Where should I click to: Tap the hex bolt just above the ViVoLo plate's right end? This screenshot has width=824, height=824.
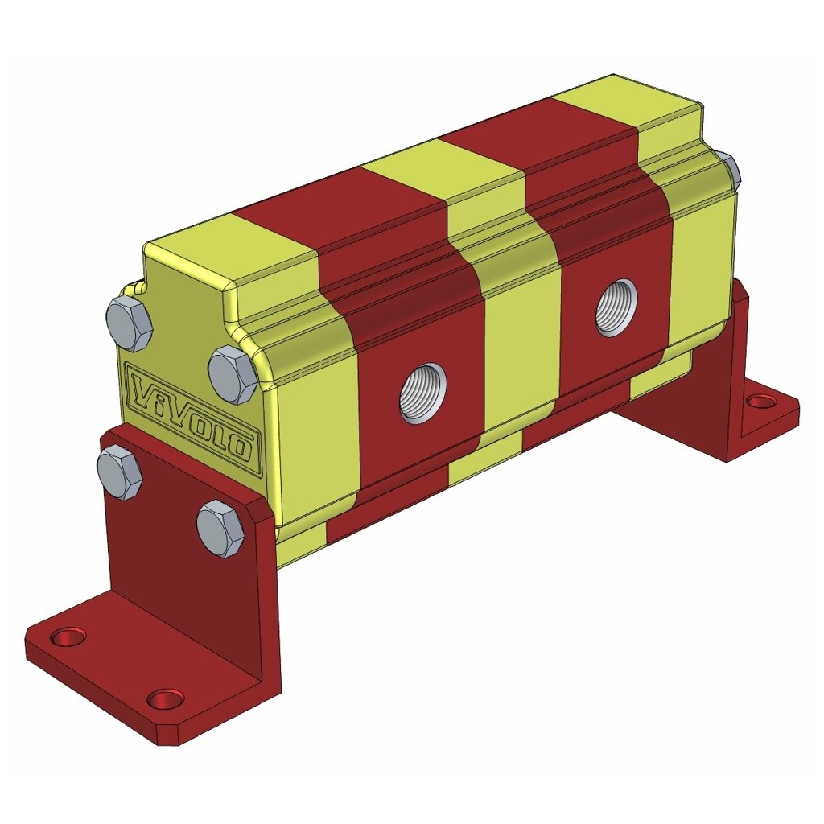pos(232,374)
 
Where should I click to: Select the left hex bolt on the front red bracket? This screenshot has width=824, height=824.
pos(120,473)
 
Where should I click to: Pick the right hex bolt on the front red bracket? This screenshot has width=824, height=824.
pos(220,529)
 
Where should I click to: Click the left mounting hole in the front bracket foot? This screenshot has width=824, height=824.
pos(68,637)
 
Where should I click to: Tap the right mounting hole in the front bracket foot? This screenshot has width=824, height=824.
pos(166,698)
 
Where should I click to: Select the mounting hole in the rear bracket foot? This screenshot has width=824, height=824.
pos(759,400)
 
